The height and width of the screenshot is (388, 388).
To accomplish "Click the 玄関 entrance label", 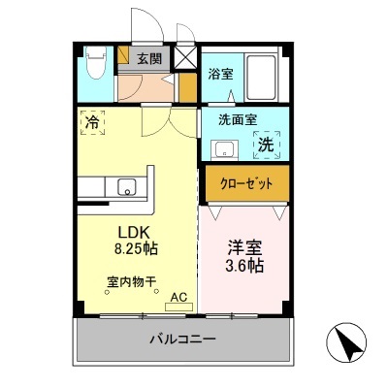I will (x=148, y=58).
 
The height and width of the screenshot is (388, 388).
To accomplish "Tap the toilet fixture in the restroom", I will (x=94, y=67).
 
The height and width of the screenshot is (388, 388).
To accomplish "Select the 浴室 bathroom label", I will (x=219, y=73).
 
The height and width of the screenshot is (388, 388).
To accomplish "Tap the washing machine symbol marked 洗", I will (x=264, y=145).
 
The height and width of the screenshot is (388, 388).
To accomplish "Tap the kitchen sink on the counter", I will (x=126, y=186).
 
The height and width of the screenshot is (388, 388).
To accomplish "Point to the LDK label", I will (x=132, y=232).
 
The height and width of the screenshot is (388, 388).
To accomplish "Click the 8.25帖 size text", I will (x=137, y=248).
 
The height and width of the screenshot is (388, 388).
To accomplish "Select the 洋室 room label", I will (x=242, y=246).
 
